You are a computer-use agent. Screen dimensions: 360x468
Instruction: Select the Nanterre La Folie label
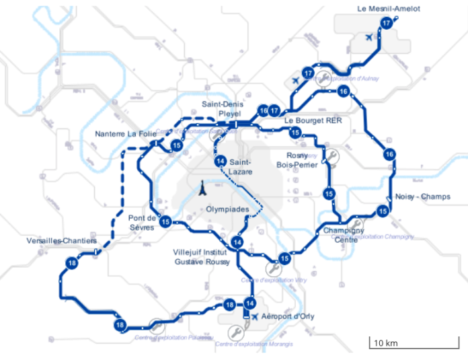point(124,133)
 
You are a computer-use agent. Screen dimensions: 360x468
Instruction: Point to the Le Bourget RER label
point(313,120)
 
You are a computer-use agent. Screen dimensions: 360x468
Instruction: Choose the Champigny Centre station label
point(340,235)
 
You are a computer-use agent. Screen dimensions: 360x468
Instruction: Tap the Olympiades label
point(227,209)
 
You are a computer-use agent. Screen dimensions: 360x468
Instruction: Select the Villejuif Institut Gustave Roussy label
point(202,256)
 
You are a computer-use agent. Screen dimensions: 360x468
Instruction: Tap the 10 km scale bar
point(403,344)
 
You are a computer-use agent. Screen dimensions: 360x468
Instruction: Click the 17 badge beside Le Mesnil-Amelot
point(386,23)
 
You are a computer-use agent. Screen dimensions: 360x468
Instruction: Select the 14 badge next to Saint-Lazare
point(221,161)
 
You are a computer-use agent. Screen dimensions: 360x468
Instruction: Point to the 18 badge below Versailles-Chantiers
point(72,263)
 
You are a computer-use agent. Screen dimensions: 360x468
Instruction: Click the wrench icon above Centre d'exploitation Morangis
point(235,332)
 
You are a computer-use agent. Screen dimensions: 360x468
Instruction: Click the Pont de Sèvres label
point(142,222)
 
